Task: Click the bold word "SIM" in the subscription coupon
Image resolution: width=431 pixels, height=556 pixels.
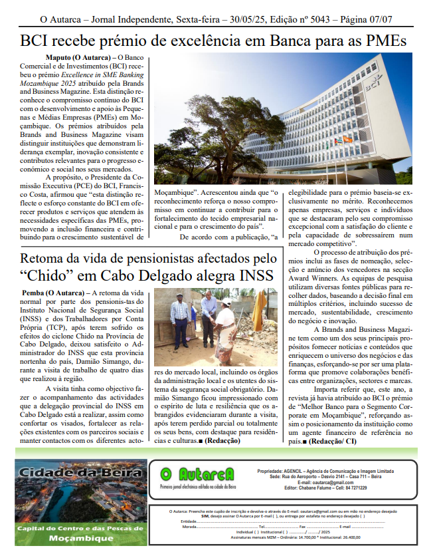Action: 205,515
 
